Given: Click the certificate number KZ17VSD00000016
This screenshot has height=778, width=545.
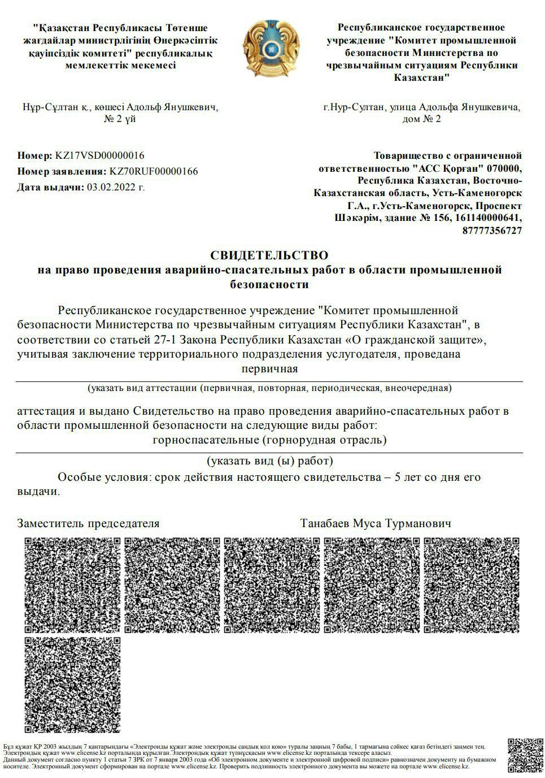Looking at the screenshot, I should [99, 155].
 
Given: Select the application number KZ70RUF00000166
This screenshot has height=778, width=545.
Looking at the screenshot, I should [154, 171].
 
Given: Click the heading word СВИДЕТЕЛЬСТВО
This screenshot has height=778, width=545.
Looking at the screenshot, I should [269, 255].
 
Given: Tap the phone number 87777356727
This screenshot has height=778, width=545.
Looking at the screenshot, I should [492, 231].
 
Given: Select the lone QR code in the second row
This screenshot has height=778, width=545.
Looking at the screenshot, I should [73, 685].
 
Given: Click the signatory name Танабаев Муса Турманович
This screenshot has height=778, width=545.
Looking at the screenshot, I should [376, 523].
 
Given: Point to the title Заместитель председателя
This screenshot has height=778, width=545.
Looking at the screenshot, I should [89, 523].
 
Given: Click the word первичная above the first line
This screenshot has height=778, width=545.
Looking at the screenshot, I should [269, 370].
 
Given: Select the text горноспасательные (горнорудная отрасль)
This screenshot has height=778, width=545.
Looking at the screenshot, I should [269, 440].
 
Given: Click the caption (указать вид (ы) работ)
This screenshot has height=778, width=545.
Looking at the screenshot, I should [269, 461].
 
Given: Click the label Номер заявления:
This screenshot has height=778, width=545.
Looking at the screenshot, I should [62, 171].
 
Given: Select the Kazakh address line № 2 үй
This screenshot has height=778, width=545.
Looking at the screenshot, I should [120, 119].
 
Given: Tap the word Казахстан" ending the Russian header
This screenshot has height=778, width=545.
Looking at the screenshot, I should [422, 77].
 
